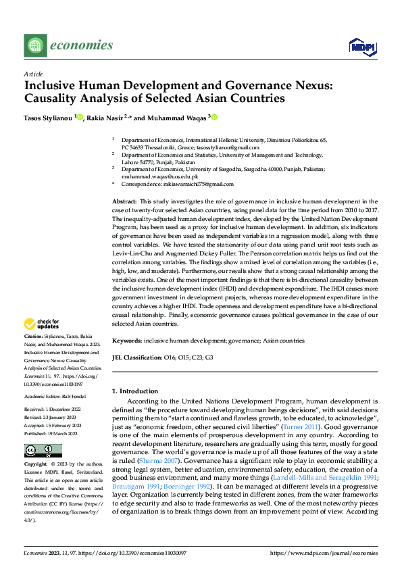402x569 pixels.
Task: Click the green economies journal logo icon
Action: click(34, 46)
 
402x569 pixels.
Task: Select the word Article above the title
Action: click(32, 74)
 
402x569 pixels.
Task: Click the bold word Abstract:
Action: click(124, 202)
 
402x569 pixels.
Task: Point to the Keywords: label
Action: click(126, 341)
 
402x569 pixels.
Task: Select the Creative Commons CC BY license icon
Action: click(43, 451)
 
